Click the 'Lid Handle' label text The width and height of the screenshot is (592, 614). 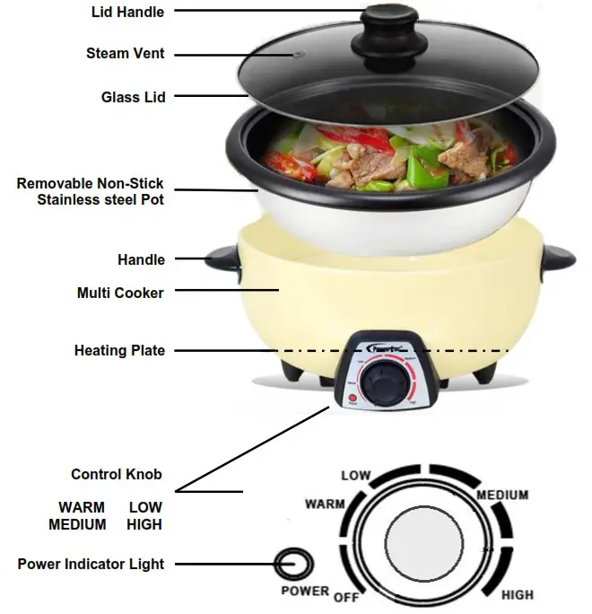tap(129, 13)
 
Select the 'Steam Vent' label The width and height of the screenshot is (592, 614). tap(125, 54)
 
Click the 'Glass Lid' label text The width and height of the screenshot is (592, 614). tap(133, 97)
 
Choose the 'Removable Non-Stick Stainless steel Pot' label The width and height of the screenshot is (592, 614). tap(91, 191)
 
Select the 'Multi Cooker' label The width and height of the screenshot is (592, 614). tap(120, 293)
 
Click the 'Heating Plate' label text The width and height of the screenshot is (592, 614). tap(119, 350)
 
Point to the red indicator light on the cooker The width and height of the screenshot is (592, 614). tap(352, 399)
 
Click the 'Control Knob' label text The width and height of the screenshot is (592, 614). tap(117, 474)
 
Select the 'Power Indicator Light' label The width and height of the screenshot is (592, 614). tap(91, 564)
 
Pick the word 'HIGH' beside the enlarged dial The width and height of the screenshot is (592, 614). tap(517, 594)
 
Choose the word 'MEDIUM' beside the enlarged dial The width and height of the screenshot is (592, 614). tap(502, 495)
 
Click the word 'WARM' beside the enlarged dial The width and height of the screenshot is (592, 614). tap(325, 504)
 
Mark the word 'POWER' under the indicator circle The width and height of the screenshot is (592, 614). tap(305, 592)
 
